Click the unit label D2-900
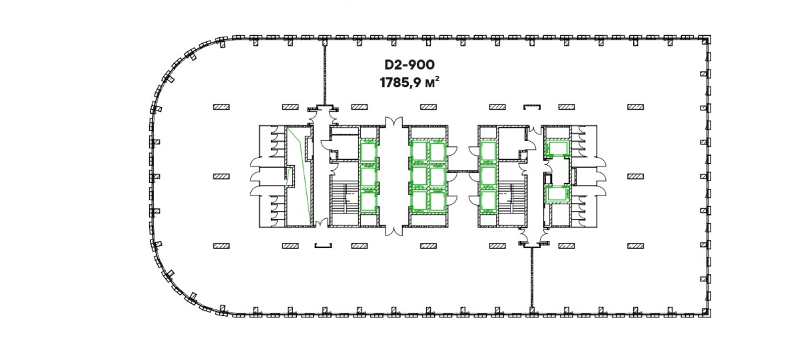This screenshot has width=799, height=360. pos(409,65)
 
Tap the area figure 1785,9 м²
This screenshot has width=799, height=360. pos(409,83)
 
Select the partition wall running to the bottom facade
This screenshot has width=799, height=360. pos(532,278)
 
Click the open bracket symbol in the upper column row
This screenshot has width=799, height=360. pos(532,107)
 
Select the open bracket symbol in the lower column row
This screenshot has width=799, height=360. pos(323,246)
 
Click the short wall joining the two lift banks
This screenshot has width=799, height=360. pos(463,172)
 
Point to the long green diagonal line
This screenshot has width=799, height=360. pos(300,177)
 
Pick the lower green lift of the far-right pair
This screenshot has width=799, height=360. pos(557,194)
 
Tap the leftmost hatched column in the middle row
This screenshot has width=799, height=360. pos(221,176)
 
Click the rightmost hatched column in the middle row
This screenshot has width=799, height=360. pos(636,176)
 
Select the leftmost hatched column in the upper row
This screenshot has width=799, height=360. pos(221,107)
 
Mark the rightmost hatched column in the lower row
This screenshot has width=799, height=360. pos(636,246)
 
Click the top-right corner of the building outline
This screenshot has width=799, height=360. pos(710,37)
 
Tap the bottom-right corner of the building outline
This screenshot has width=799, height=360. pos(710,316)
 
